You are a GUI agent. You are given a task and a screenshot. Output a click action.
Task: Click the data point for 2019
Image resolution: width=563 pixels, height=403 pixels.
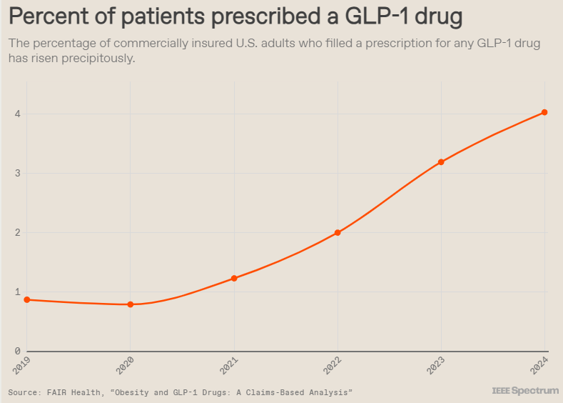coord(27,299)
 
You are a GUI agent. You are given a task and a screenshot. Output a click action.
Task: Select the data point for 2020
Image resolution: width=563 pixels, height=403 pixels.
coord(131,304)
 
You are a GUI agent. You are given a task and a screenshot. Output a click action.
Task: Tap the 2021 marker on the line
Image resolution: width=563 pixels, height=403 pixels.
coord(234,278)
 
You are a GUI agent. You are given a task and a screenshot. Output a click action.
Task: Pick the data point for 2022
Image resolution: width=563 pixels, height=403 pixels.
coord(338,232)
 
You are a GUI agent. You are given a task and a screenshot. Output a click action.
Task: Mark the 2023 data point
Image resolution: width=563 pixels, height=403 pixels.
coord(441,162)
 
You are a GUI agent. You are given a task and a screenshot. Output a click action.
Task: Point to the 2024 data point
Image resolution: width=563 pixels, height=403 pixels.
coord(544,112)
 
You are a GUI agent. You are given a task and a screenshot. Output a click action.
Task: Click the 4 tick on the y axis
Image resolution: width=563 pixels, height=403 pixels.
coord(16,114)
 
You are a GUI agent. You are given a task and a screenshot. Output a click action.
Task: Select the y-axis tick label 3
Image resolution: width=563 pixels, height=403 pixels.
coord(16,173)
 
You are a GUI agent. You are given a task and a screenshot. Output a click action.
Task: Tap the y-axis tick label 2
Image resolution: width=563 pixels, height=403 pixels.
coord(16,232)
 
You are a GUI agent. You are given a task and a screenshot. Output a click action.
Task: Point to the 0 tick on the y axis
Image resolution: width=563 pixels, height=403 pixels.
coord(16,351)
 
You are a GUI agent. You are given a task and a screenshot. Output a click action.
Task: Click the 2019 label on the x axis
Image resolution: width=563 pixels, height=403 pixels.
coord(21,366)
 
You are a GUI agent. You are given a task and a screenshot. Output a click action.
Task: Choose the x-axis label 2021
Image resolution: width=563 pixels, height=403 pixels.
coord(228,366)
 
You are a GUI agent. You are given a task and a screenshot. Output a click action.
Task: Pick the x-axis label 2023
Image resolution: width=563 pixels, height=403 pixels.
coord(435,366)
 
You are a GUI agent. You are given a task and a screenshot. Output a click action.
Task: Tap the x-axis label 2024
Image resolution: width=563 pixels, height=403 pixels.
coord(539,366)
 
